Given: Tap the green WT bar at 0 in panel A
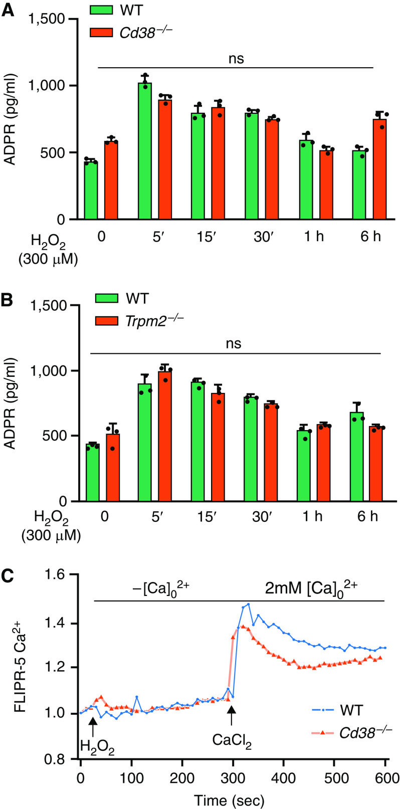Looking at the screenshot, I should pyautogui.click(x=91, y=190).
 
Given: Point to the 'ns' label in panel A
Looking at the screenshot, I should pyautogui.click(x=236, y=59).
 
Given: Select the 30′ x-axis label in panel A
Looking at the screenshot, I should pyautogui.click(x=261, y=237).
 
